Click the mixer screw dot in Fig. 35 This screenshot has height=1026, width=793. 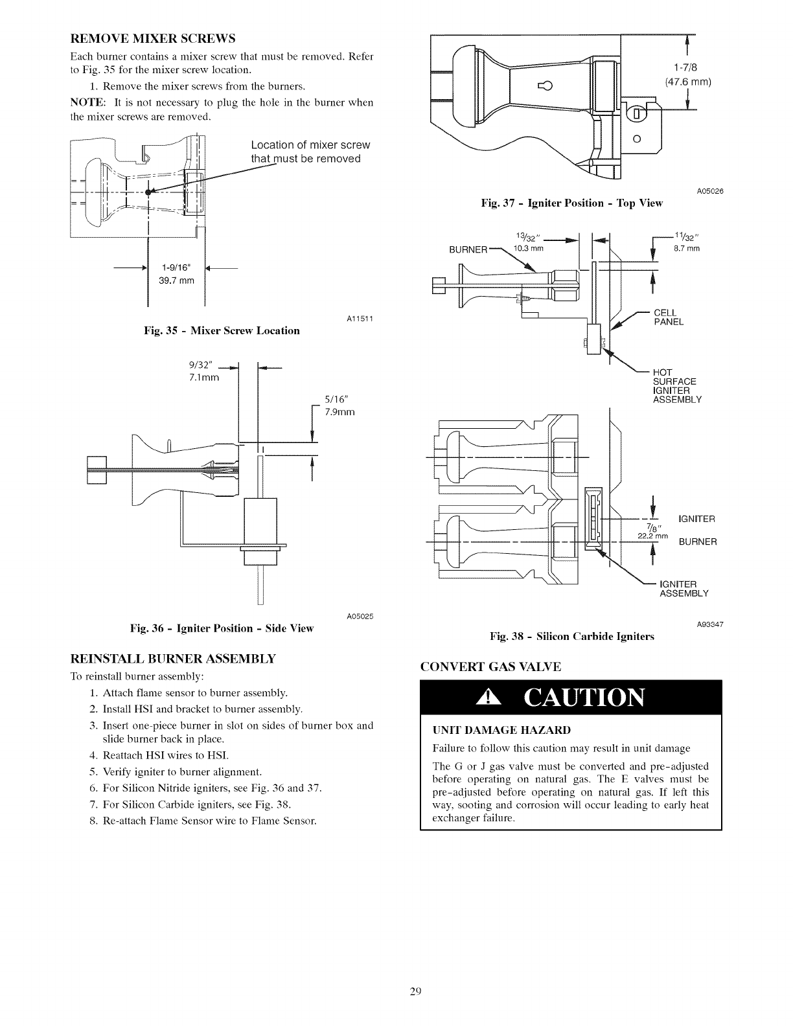tap(148, 192)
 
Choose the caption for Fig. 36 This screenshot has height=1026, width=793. tap(222, 628)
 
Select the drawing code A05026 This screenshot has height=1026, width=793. tap(710, 191)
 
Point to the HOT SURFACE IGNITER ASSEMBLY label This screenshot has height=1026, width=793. tap(677, 386)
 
